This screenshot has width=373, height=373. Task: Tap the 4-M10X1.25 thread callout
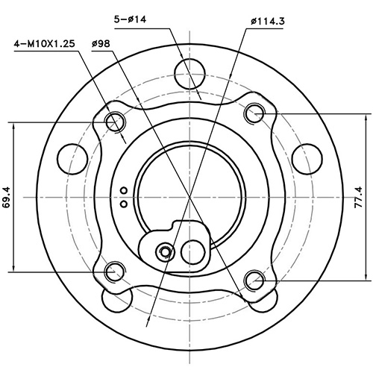[44, 45]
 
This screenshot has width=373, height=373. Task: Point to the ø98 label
[101, 45]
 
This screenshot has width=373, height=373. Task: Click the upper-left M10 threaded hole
[115, 121]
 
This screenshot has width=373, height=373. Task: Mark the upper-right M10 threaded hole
[254, 113]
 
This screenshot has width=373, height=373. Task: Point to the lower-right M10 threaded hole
[254, 280]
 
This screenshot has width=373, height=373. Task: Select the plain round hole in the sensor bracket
[195, 249]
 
